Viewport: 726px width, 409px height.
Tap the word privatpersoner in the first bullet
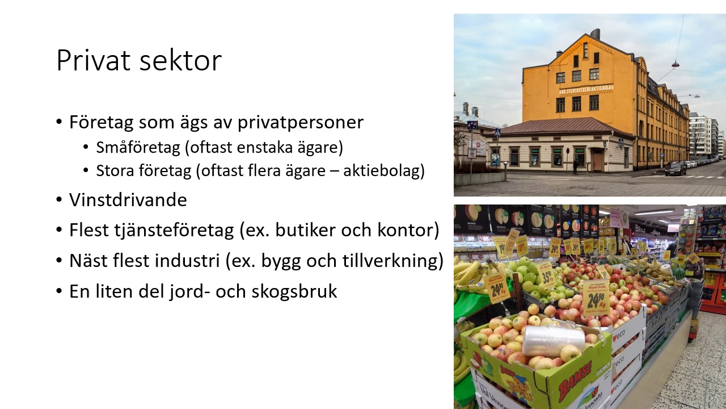pyautogui.click(x=300, y=122)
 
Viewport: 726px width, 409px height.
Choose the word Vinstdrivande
pyautogui.click(x=128, y=200)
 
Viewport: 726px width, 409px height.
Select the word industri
pyautogui.click(x=185, y=261)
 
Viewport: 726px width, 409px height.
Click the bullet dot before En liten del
pyautogui.click(x=60, y=291)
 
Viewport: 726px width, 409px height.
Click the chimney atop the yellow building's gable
pyautogui.click(x=594, y=34)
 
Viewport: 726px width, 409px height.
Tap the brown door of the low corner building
pyautogui.click(x=598, y=160)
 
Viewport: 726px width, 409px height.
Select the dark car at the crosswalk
pyautogui.click(x=676, y=168)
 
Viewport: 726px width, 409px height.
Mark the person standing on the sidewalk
pyautogui.click(x=576, y=166)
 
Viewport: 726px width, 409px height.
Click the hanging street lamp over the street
pyautogui.click(x=675, y=65)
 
